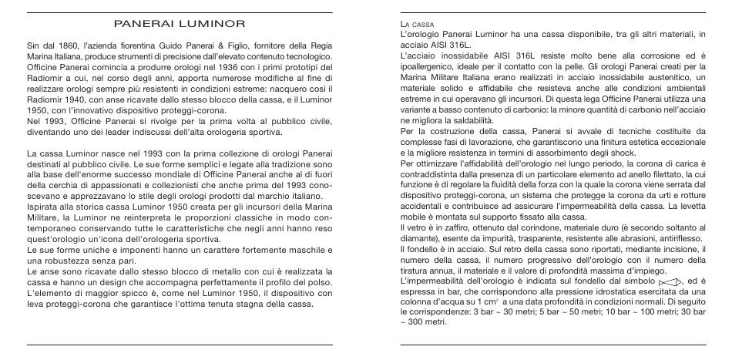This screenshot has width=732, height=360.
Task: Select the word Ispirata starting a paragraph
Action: point(43,207)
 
